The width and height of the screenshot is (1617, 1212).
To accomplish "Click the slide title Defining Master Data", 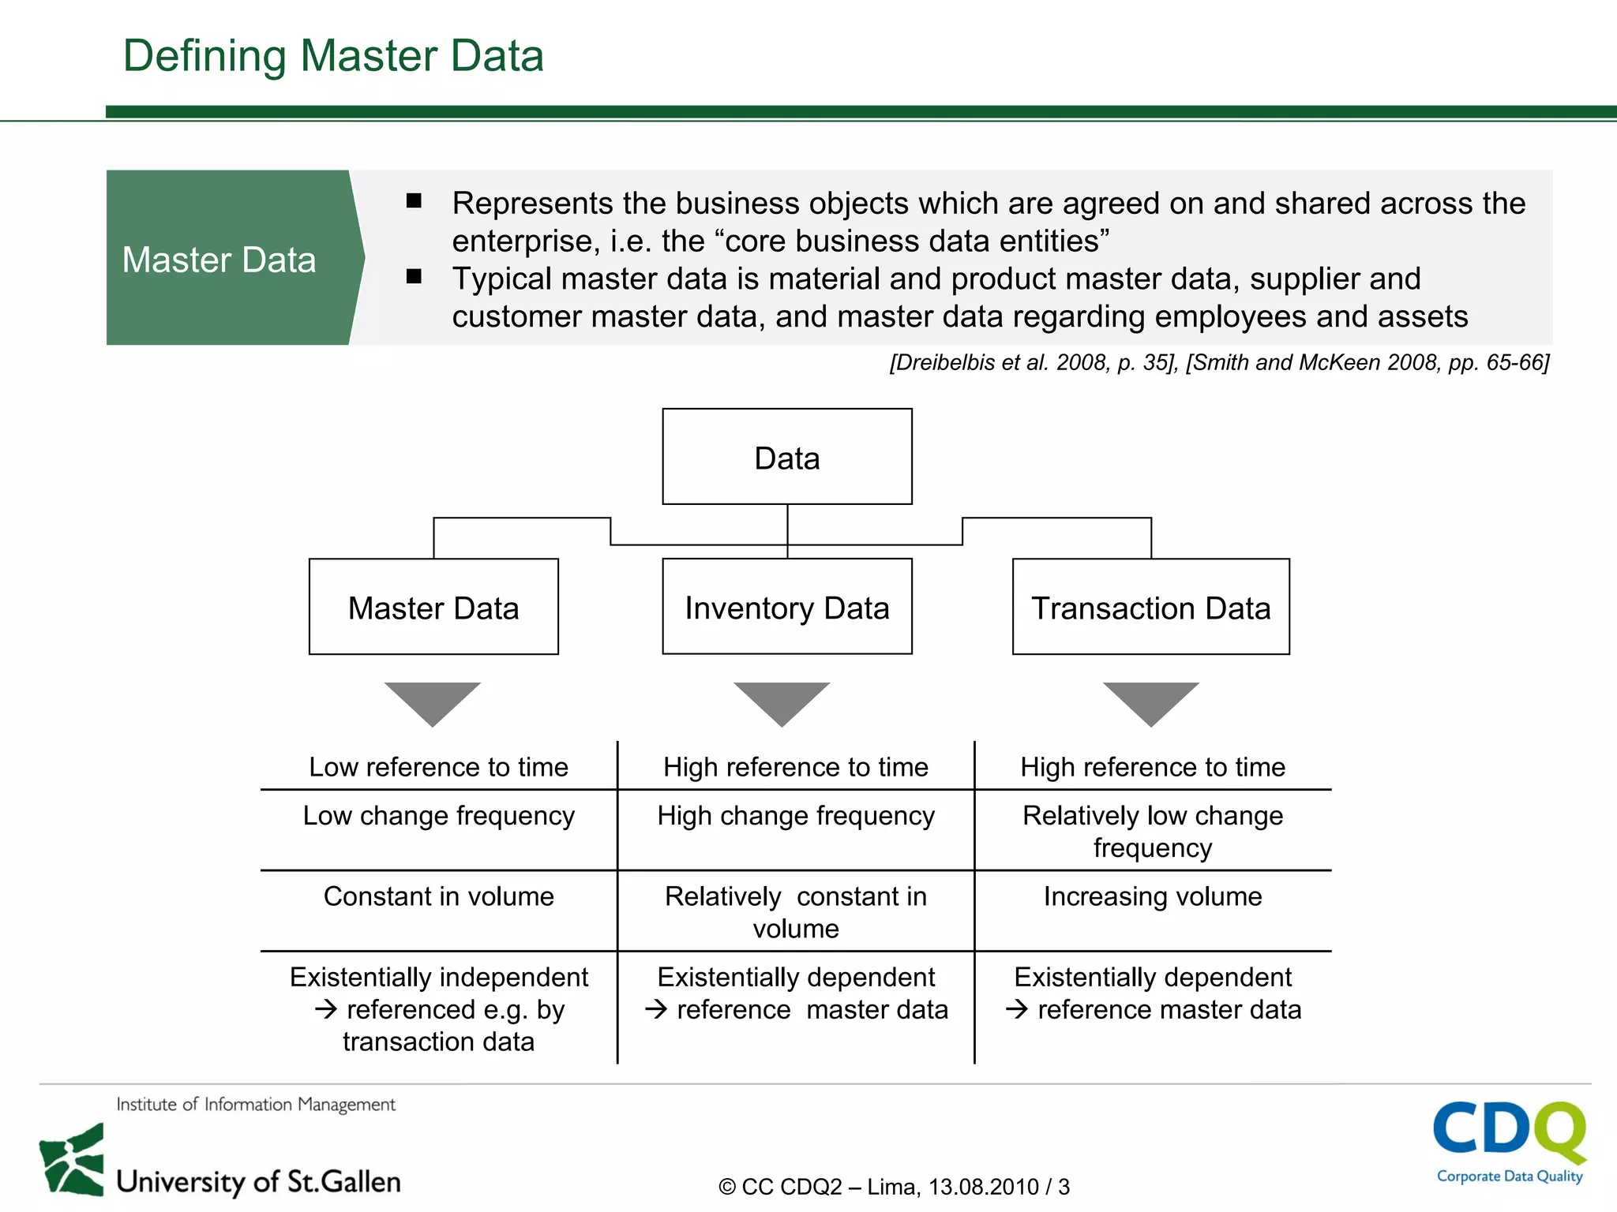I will pos(333,56).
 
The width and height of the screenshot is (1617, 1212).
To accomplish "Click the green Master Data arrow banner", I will pos(229,258).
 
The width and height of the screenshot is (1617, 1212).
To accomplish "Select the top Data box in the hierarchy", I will pos(786,457).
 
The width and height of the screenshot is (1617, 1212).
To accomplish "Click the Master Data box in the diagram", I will pos(433,607).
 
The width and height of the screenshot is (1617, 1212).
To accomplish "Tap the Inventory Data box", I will pos(786,607).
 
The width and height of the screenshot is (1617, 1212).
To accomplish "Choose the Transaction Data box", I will pos(1150,607).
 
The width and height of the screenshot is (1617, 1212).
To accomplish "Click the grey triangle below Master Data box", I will pos(433,701).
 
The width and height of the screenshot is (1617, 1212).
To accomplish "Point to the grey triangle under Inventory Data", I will pos(782,701).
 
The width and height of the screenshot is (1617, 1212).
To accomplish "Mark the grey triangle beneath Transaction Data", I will pos(1150,701).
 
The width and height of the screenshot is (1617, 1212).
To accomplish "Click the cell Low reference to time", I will pos(438,767).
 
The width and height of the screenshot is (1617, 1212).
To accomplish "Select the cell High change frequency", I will pos(796,816).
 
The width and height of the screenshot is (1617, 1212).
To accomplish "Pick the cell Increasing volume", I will pos(1152,897).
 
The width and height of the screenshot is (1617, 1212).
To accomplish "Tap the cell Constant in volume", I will pos(438,897).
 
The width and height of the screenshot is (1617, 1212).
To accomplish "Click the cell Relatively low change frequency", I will pos(1152,831).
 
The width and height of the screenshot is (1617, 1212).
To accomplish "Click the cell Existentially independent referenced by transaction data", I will pos(438,1009).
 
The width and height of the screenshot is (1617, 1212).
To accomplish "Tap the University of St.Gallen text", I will pos(258,1181).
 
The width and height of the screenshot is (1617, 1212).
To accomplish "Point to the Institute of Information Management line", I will pos(256,1105).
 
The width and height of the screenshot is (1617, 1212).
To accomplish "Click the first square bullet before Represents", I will pos(414,201).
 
